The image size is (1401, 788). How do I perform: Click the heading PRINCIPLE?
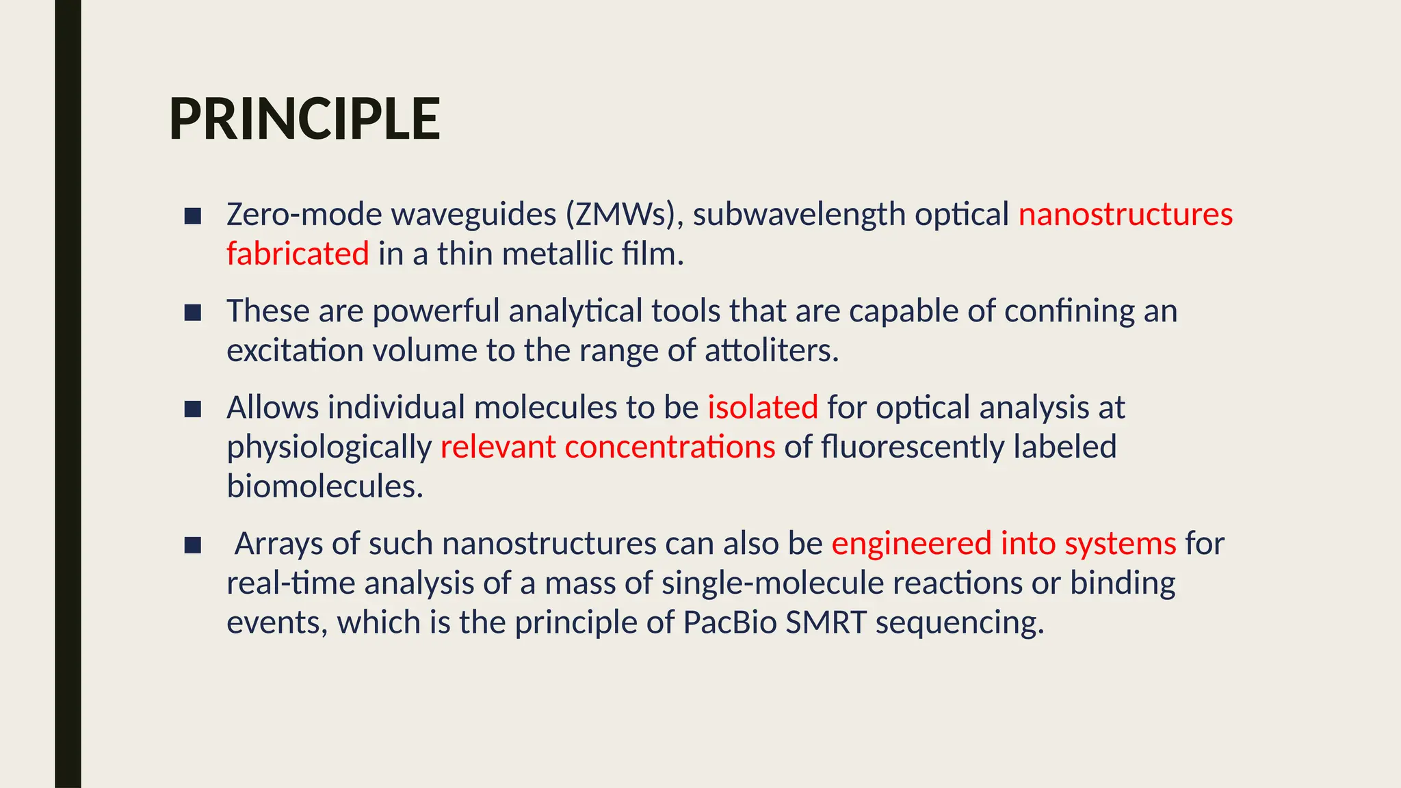point(304,119)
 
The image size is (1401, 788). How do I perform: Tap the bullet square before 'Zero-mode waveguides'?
point(193,216)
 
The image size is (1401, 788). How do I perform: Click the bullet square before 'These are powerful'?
point(193,313)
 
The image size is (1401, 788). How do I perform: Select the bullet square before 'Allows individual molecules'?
point(193,409)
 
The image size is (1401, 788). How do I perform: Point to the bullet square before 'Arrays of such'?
point(193,545)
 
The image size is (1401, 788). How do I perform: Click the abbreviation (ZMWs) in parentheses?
point(624,215)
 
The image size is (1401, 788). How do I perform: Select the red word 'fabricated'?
point(298,254)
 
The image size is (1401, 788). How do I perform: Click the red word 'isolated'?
point(763,408)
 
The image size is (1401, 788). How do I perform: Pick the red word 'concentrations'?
point(670,447)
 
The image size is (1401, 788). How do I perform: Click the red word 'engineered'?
point(911,544)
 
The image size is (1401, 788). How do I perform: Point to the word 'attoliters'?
point(771,351)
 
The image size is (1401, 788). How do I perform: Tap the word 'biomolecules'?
point(325,486)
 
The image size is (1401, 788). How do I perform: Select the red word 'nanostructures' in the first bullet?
point(1125,215)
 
